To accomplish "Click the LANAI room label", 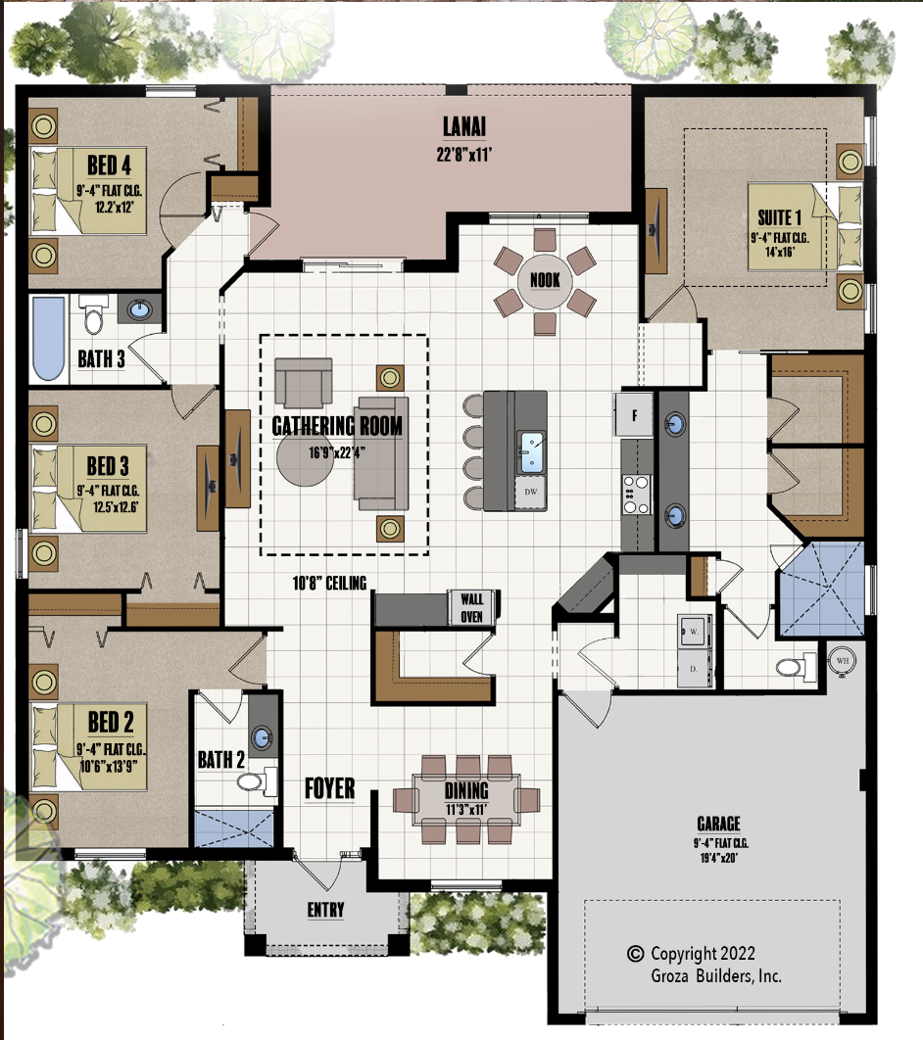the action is click(x=463, y=126).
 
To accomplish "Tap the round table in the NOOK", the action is click(x=545, y=281).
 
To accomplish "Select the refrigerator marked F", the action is click(x=634, y=414).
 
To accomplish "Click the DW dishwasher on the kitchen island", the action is click(x=531, y=493).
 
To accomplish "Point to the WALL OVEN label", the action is click(x=471, y=607).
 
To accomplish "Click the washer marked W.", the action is click(x=694, y=631).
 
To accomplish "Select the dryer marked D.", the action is click(x=694, y=668).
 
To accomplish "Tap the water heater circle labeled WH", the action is click(x=842, y=661).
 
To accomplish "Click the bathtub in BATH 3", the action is click(x=48, y=338).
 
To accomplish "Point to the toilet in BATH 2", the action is click(x=257, y=781).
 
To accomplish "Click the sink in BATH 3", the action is click(x=139, y=309).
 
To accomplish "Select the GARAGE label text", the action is click(x=718, y=824).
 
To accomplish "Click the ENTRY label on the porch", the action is click(x=326, y=910).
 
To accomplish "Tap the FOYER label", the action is click(x=330, y=788).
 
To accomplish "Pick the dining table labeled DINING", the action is click(x=466, y=800).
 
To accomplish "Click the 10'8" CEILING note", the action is click(x=330, y=583).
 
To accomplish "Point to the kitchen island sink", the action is click(x=531, y=451).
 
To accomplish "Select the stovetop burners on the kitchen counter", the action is click(x=636, y=495).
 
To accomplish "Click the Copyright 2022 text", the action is click(x=703, y=954).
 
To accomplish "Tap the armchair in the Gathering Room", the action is click(x=303, y=383).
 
